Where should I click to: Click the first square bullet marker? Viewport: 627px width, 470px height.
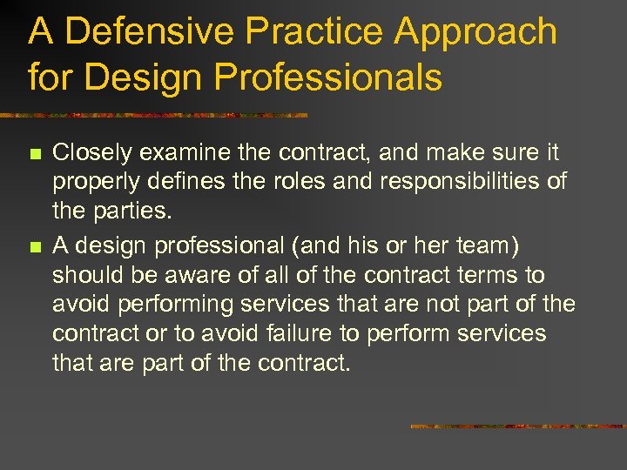click(x=34, y=155)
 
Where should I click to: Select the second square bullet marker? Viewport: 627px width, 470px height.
click(x=34, y=247)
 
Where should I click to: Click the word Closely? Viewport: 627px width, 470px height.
click(x=89, y=154)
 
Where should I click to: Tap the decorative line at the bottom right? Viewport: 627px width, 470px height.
click(x=517, y=426)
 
